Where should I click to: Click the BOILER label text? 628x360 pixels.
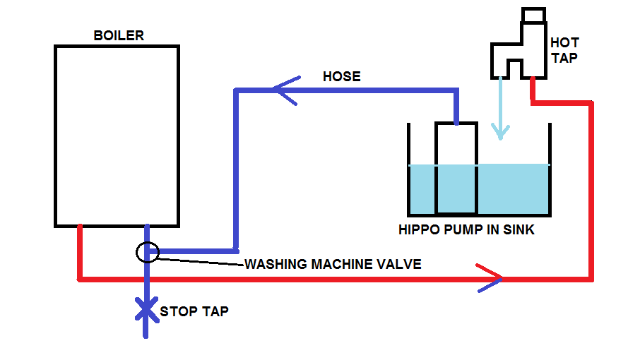(x=119, y=35)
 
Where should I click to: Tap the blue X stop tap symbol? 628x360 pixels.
(x=146, y=309)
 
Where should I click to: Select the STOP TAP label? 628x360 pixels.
(x=194, y=311)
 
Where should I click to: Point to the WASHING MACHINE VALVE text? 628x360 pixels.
(x=333, y=265)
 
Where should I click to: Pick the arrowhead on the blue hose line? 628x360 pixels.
(x=283, y=90)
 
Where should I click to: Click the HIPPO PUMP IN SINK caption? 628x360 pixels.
(x=467, y=230)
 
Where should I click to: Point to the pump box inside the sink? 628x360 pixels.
(x=456, y=169)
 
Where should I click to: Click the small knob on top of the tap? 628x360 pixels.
(x=533, y=14)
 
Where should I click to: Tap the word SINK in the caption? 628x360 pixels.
(x=518, y=230)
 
